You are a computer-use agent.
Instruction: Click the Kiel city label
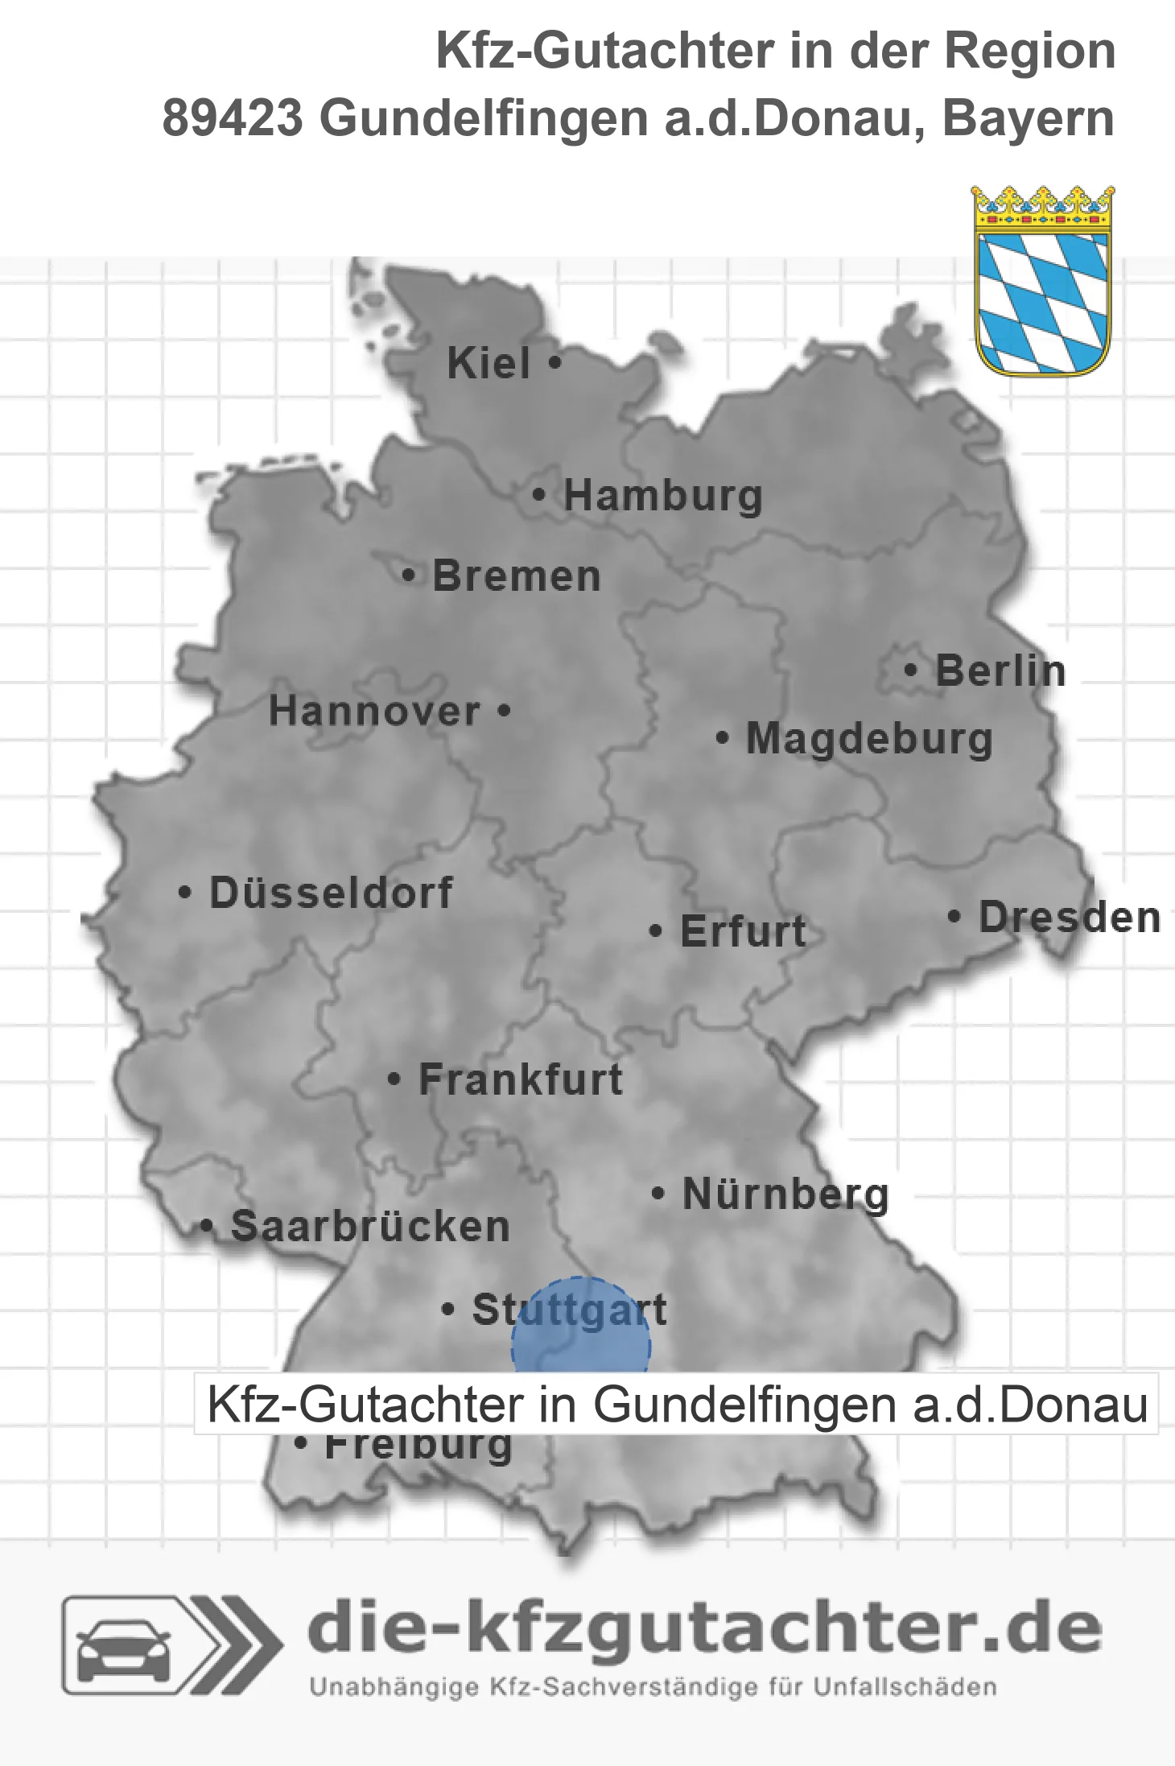489,363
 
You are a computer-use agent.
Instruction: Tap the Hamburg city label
662,496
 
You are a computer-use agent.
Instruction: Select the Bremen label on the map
517,576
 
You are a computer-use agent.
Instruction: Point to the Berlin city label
1000,671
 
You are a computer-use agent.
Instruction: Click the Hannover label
374,712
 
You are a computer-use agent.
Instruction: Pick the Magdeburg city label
869,739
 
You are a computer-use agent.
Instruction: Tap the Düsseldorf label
331,893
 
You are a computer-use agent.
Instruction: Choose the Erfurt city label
743,931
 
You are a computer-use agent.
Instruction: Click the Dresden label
1070,918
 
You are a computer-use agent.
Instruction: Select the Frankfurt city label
521,1079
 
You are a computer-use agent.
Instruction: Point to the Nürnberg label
785,1195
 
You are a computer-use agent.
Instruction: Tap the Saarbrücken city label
370,1227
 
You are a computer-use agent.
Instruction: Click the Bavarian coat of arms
1043,281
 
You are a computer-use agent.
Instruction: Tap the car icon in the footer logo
124,1646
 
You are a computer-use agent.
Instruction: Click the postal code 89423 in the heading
233,118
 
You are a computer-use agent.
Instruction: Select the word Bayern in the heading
1028,118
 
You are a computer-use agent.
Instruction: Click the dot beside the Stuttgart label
448,1310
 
